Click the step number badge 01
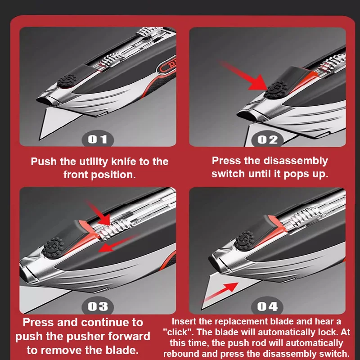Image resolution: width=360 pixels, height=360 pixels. tap(98, 139)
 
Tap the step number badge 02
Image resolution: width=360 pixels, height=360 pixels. tap(267, 139)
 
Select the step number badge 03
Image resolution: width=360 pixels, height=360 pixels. tap(98, 306)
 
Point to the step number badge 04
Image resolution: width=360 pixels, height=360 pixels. tap(267, 306)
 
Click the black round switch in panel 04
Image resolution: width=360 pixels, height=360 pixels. tap(246, 238)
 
